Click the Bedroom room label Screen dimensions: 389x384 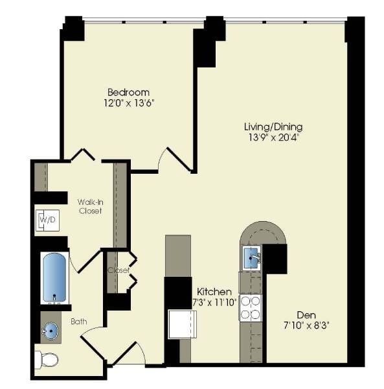click(x=128, y=92)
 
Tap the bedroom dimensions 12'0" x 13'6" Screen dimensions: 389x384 click(x=128, y=102)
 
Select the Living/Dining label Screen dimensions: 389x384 click(x=273, y=126)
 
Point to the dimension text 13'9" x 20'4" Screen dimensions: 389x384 click(x=273, y=137)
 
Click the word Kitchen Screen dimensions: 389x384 click(x=210, y=291)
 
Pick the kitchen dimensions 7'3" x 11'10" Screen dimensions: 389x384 click(x=210, y=302)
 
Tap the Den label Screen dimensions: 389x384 click(x=306, y=314)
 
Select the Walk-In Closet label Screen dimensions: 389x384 click(x=90, y=206)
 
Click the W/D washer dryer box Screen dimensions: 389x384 click(x=47, y=220)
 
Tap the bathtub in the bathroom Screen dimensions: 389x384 click(x=54, y=277)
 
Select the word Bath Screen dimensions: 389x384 click(x=79, y=320)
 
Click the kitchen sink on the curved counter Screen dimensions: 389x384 click(x=251, y=258)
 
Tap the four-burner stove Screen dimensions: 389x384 click(x=250, y=308)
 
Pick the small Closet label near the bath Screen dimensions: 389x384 click(x=119, y=270)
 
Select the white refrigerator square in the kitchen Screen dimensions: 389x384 click(x=182, y=324)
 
